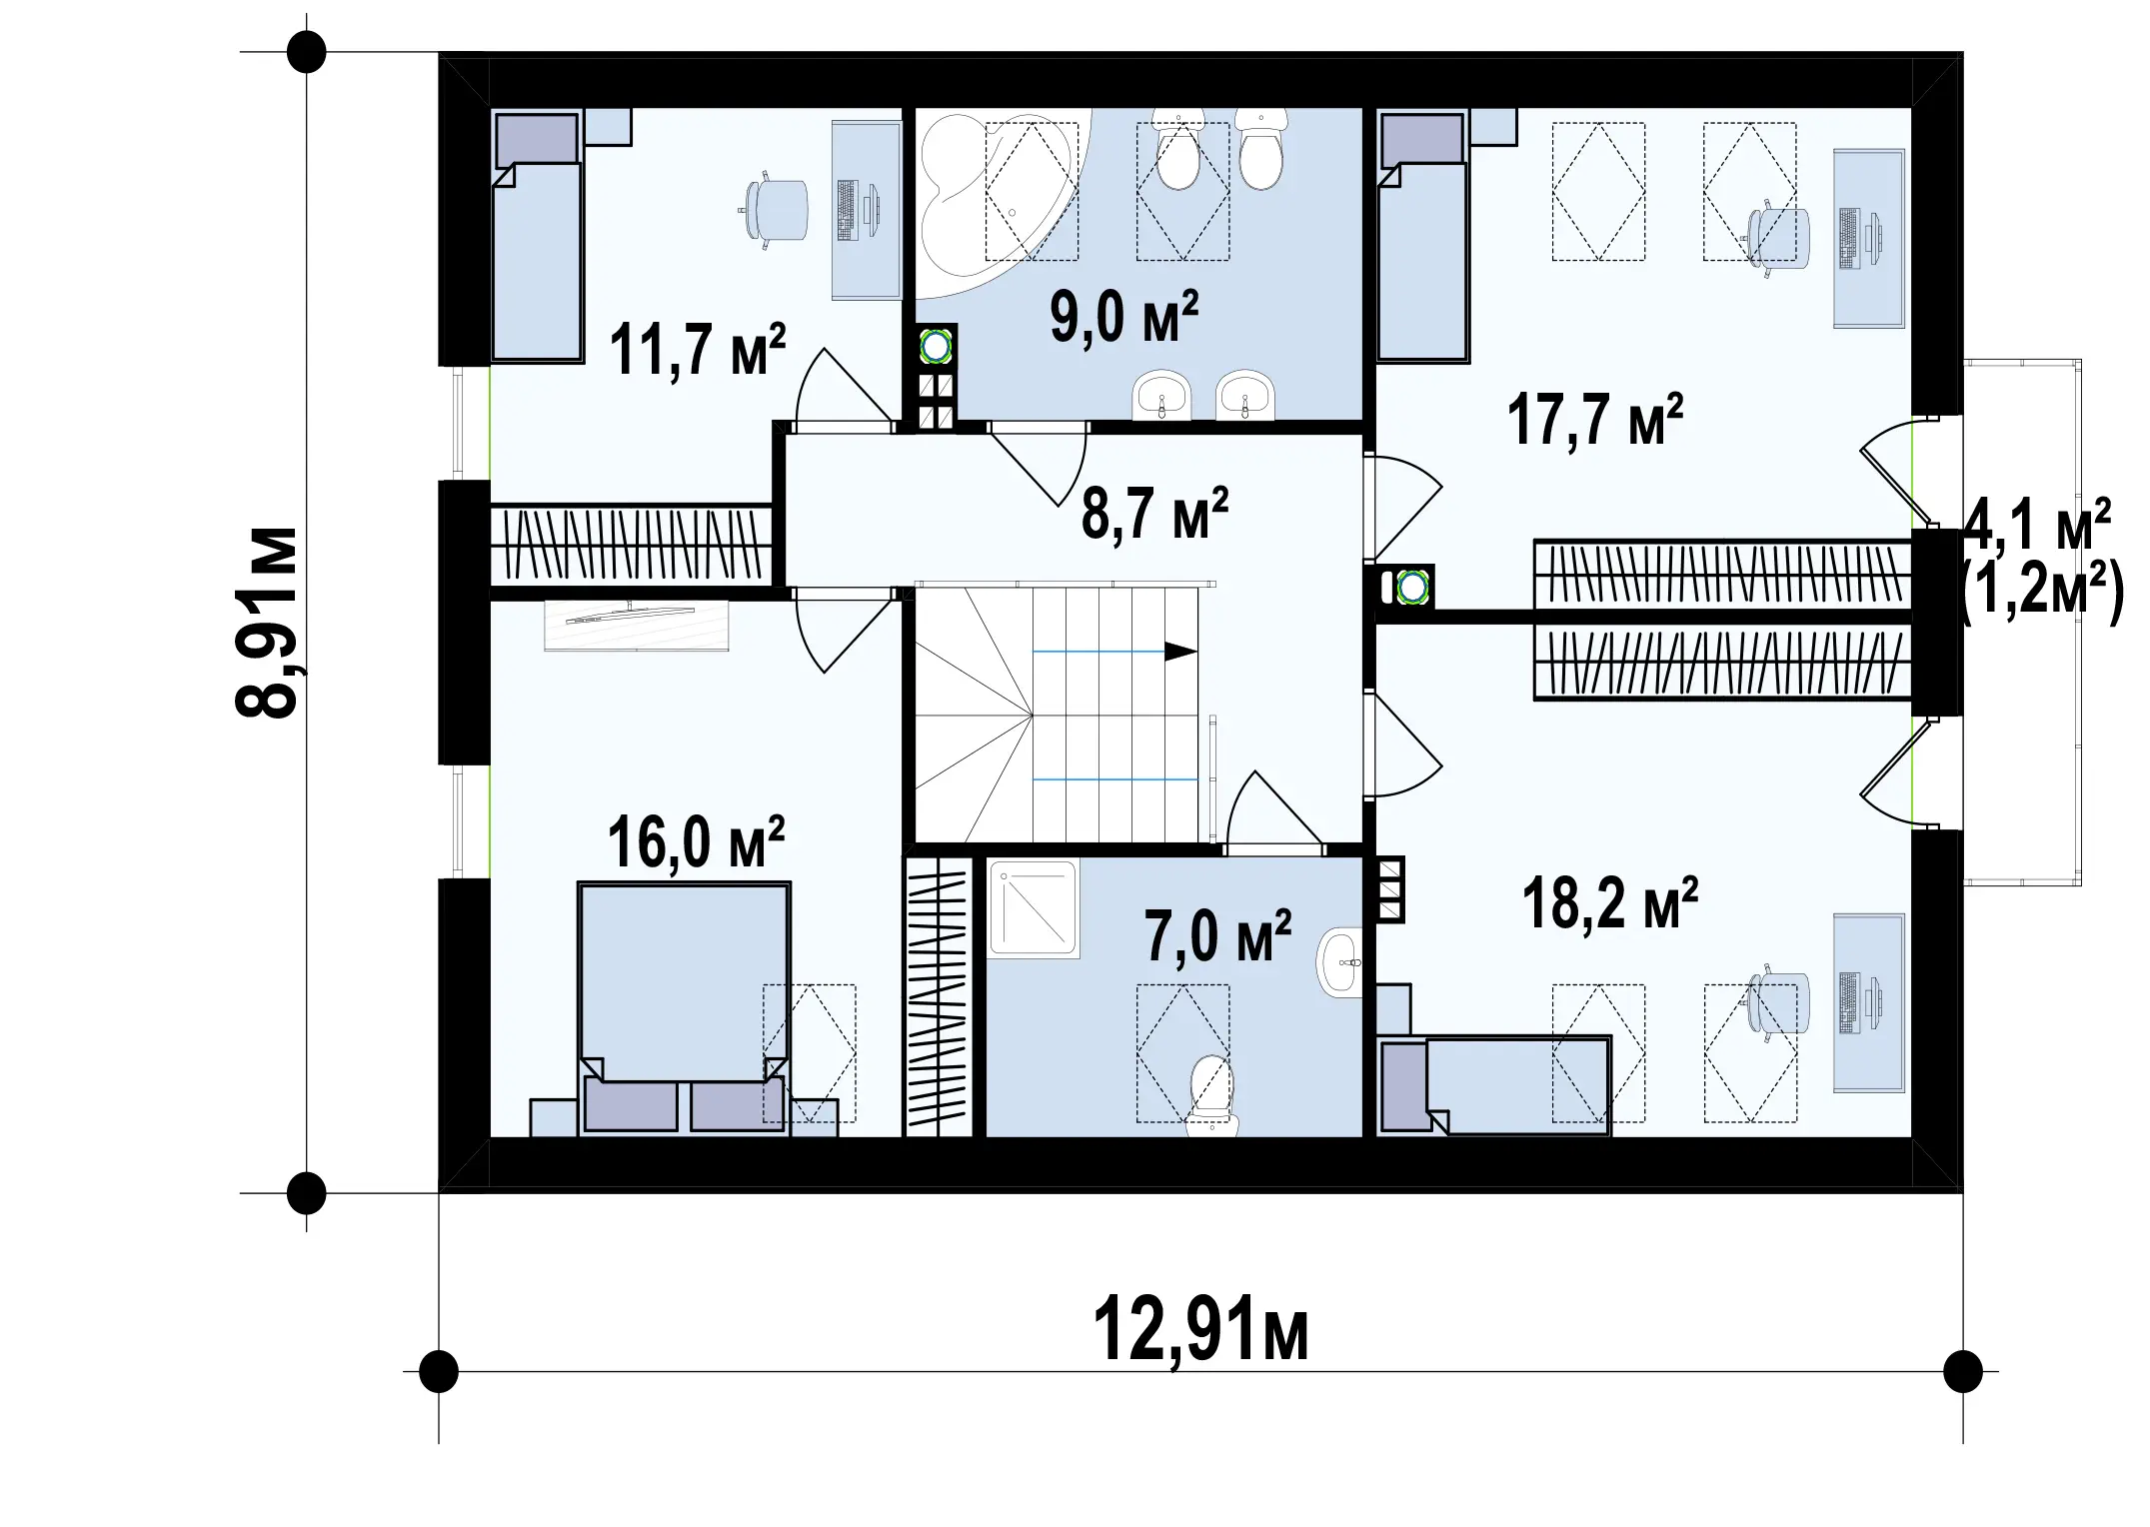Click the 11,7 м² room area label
pyautogui.click(x=697, y=350)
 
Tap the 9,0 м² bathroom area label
pyautogui.click(x=1123, y=317)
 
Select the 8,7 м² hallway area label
pyautogui.click(x=1154, y=514)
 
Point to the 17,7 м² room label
pyautogui.click(x=1594, y=419)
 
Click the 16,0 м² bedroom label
pyautogui.click(x=696, y=842)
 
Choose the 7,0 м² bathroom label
pyautogui.click(x=1217, y=936)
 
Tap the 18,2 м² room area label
pyautogui.click(x=1610, y=903)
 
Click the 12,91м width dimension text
pyautogui.click(x=1200, y=1330)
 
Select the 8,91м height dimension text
pyautogui.click(x=267, y=622)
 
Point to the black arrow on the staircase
pyautogui.click(x=1181, y=652)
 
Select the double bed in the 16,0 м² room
pyautogui.click(x=685, y=1007)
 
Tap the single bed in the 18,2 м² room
pyautogui.click(x=1494, y=1085)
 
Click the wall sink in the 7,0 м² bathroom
pyautogui.click(x=1339, y=962)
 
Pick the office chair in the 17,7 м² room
pyautogui.click(x=1777, y=239)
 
